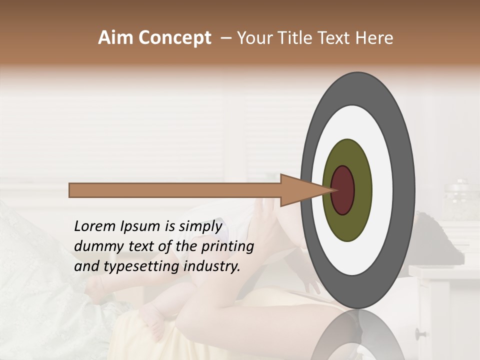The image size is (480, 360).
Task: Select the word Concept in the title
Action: tap(174, 38)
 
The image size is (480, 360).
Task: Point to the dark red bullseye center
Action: tap(343, 190)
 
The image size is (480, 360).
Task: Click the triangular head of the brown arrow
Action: tap(300, 190)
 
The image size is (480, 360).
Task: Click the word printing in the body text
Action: tap(227, 247)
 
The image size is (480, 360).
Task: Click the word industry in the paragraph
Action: tap(212, 266)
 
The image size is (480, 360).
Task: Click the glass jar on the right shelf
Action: tap(460, 200)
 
